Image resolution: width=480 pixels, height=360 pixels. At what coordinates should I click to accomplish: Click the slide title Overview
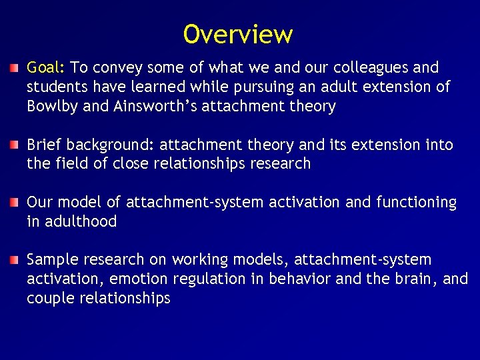coord(238,34)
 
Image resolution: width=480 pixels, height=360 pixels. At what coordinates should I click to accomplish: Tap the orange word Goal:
coord(46,68)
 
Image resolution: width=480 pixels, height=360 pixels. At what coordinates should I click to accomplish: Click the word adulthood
coord(81,222)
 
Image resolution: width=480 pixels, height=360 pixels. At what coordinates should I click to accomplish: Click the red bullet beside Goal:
coord(14,68)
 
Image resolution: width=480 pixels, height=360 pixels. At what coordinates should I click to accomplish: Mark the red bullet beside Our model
coord(14,203)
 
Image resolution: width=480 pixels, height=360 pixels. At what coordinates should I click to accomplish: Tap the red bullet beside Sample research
coord(14,260)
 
